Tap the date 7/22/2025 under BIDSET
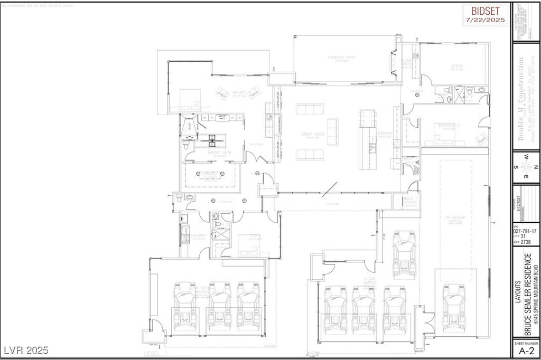[x=486, y=20]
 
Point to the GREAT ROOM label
[x=312, y=135]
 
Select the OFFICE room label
[x=456, y=67]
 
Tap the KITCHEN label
[x=384, y=133]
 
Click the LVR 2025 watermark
[x=26, y=350]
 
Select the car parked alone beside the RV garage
[x=404, y=252]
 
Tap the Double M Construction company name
[x=522, y=105]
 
